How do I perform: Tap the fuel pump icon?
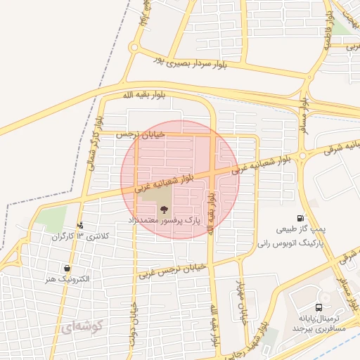(x=301, y=219)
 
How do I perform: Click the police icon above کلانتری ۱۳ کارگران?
(x=80, y=225)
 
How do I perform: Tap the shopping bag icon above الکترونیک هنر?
(x=67, y=268)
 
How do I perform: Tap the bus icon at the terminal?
(x=319, y=307)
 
